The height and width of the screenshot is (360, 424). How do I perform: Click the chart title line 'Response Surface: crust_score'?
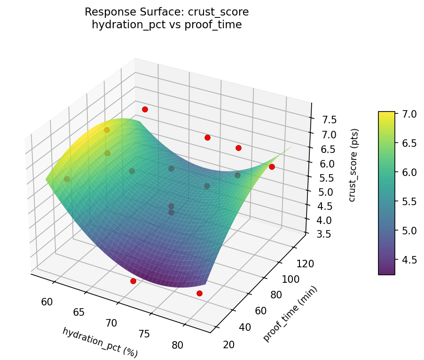166,12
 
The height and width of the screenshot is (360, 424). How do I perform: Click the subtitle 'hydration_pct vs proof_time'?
166,25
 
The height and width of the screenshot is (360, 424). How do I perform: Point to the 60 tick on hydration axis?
47,302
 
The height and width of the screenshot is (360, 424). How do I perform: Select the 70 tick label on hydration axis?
111,323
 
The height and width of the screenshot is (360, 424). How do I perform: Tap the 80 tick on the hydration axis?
178,345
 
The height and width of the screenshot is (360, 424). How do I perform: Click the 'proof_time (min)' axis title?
290,314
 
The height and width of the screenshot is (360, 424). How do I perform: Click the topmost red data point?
145,109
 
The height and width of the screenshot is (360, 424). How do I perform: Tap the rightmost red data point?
272,167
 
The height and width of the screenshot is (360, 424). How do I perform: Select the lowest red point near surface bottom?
199,293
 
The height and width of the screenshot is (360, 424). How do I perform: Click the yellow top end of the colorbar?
386,113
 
